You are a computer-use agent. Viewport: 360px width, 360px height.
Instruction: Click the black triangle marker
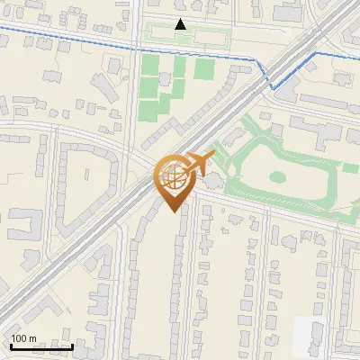[181, 24]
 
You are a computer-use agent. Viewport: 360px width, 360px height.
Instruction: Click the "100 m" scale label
[24, 338]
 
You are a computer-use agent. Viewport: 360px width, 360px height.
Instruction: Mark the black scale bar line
[41, 346]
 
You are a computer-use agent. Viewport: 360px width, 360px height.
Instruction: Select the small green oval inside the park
[277, 177]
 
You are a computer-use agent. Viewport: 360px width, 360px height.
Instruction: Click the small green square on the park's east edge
[350, 168]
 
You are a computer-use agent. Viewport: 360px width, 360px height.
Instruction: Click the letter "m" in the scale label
[33, 338]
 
